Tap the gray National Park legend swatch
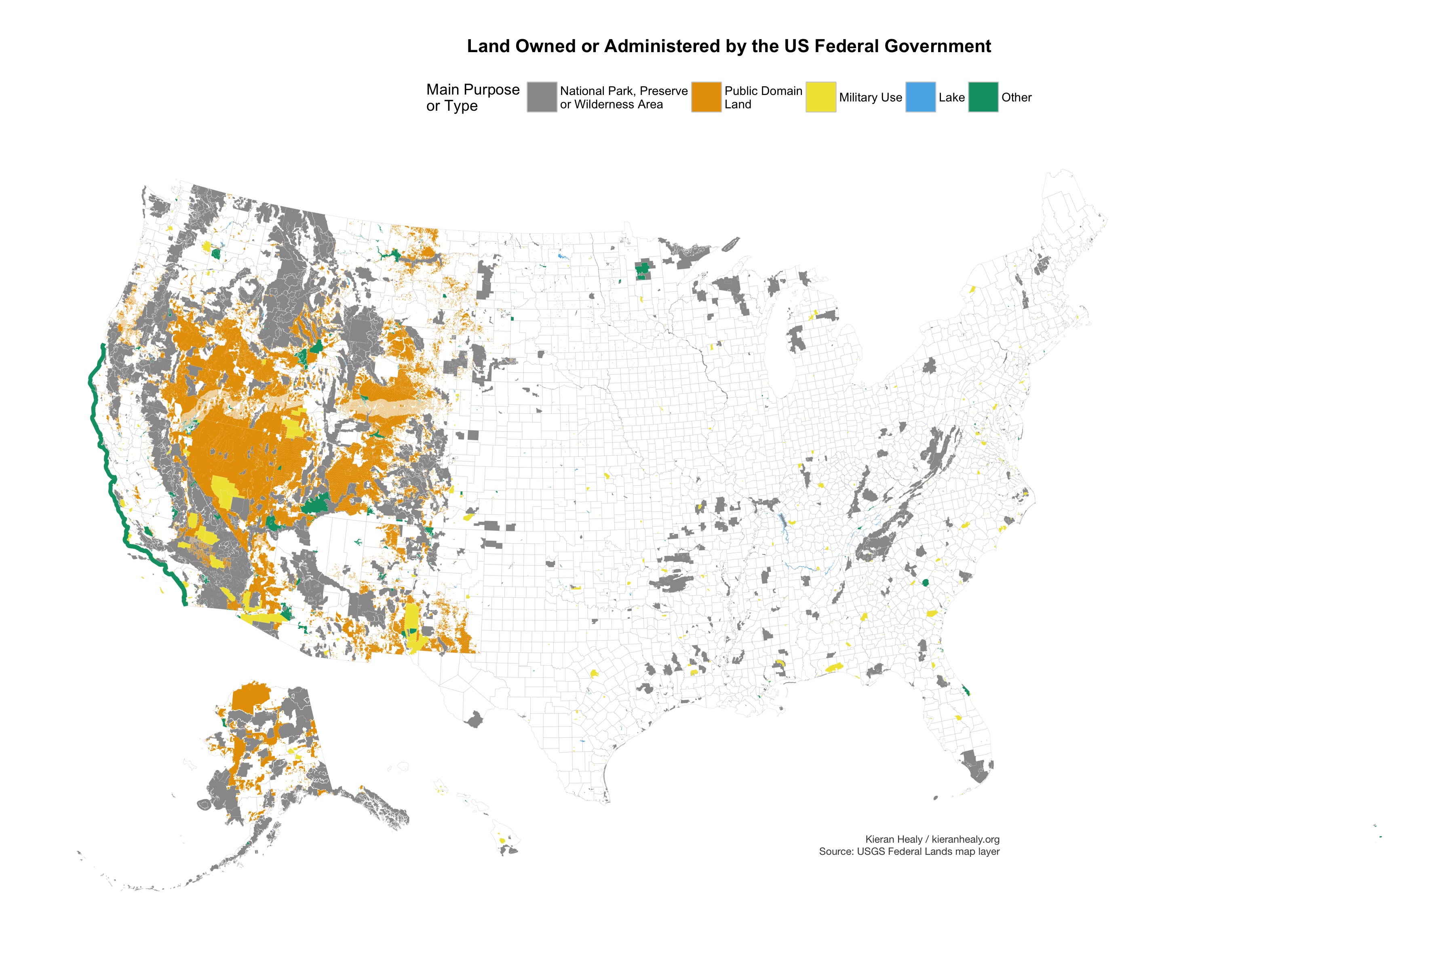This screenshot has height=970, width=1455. pos(542,97)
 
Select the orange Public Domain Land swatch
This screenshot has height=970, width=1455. pos(706,97)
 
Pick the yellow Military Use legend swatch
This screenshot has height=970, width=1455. pos(820,97)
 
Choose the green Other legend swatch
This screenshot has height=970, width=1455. pos(983,97)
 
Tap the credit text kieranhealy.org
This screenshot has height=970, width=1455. pos(965,839)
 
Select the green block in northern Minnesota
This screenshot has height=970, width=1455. pos(643,270)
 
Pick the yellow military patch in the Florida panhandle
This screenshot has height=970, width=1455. pos(834,668)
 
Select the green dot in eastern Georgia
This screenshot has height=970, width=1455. pos(926,583)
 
